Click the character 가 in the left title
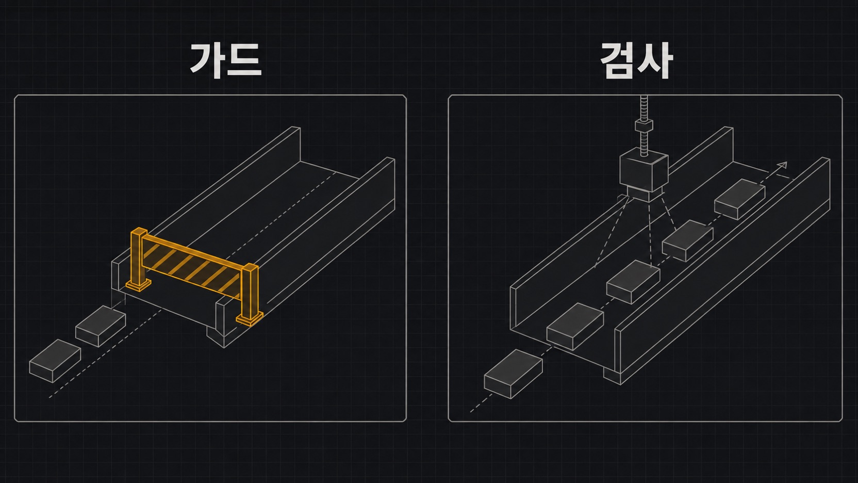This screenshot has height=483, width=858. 207,60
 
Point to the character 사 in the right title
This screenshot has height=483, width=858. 655,60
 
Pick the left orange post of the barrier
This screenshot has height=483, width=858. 138,257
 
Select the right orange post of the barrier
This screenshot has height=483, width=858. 250,292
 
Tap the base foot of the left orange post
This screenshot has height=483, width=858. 138,285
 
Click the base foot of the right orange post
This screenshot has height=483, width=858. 250,319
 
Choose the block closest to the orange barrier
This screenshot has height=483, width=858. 101,326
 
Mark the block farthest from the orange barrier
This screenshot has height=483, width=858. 55,361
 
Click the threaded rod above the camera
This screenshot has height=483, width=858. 644,126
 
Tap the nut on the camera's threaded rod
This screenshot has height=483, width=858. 644,126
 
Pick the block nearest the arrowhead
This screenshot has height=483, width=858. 739,199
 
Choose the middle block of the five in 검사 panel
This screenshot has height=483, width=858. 633,282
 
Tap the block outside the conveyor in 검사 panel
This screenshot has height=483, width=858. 513,374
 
